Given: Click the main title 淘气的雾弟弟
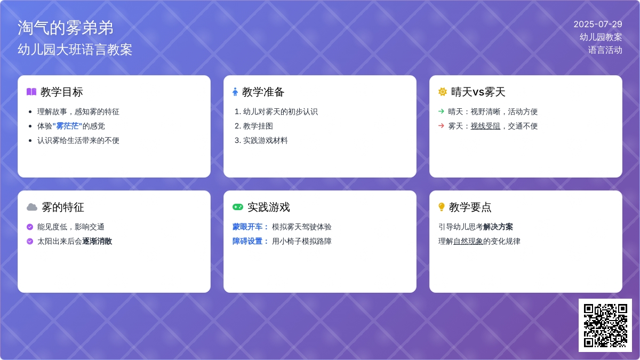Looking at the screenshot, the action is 66,28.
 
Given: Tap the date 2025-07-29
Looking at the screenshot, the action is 598,25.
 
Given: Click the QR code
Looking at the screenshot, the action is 605,325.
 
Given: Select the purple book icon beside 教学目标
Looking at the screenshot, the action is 31,92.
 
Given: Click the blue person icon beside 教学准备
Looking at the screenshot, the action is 235,92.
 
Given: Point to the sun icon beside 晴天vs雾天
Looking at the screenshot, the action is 442,92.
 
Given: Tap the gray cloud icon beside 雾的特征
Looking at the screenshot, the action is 32,207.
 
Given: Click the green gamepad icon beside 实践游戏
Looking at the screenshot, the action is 238,207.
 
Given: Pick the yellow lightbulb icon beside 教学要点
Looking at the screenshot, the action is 442,207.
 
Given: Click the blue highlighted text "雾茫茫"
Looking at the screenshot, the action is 67,126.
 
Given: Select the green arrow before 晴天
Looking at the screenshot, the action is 441,111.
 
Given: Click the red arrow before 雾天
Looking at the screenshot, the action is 441,126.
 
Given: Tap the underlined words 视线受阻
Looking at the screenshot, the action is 485,126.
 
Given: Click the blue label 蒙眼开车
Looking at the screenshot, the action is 247,227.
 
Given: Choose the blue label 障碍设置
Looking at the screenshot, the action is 247,241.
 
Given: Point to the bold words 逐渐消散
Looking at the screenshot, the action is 97,241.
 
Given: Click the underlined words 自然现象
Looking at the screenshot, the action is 468,241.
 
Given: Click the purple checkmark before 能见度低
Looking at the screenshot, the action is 30,227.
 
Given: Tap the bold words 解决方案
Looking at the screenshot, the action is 498,227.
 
